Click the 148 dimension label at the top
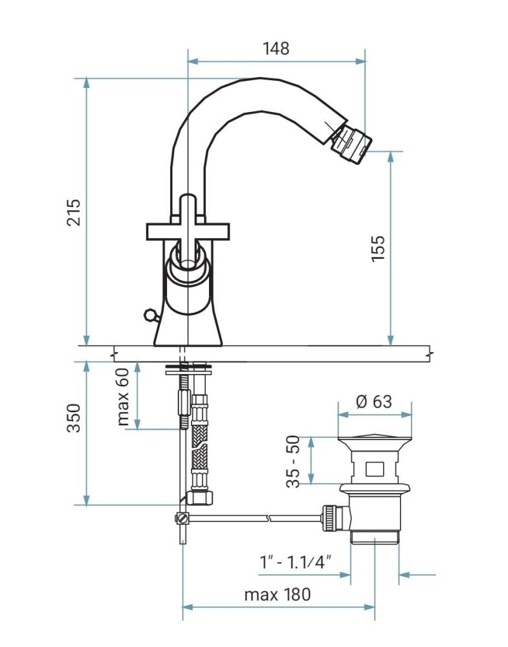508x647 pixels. pos(276,48)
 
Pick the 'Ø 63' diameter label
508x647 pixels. pos(374,401)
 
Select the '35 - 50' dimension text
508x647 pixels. pos(294,461)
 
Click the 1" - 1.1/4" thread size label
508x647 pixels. pos(295,562)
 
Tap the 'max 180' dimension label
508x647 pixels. pos(277,594)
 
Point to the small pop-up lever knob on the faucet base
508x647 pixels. pos(149,315)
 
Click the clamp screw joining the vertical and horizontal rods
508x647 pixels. pos(182,518)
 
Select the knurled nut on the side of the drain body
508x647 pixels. pos(331,518)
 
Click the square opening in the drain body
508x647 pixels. pos(374,466)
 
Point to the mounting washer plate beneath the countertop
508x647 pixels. pos(187,371)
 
